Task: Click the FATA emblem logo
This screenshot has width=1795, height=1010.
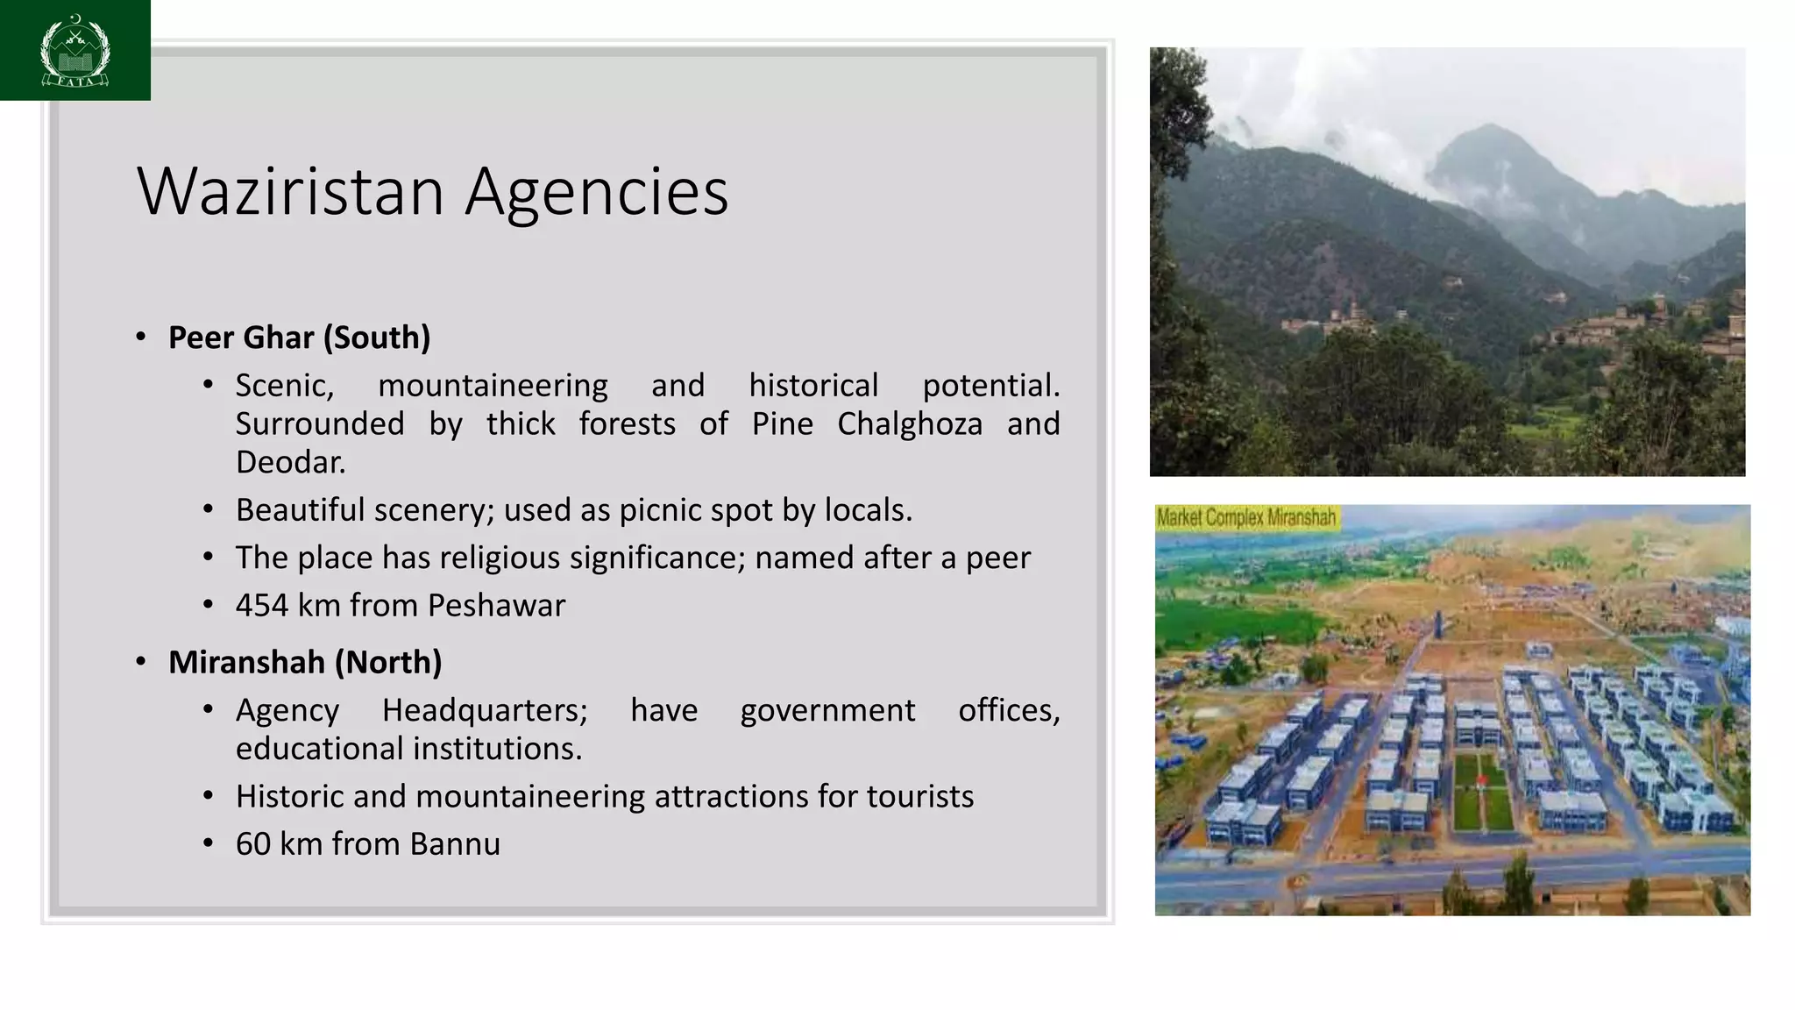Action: (75, 50)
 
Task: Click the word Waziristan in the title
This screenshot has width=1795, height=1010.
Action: (290, 191)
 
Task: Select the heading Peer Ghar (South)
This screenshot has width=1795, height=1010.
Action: (299, 338)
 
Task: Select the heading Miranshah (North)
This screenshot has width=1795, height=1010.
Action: (304, 662)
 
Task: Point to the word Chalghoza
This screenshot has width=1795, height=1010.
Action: (909, 424)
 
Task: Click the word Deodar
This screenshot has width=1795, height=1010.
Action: (290, 463)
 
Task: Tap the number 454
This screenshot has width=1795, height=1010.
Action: (261, 606)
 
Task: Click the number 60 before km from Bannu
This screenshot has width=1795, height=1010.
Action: (252, 844)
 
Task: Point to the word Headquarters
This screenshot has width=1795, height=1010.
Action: (484, 710)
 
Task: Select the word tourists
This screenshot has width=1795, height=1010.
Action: (919, 797)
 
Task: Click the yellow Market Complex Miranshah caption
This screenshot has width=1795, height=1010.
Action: (1245, 518)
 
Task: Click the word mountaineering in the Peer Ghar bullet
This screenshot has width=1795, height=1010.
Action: (493, 386)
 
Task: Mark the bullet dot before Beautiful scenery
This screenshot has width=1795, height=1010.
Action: (208, 509)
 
